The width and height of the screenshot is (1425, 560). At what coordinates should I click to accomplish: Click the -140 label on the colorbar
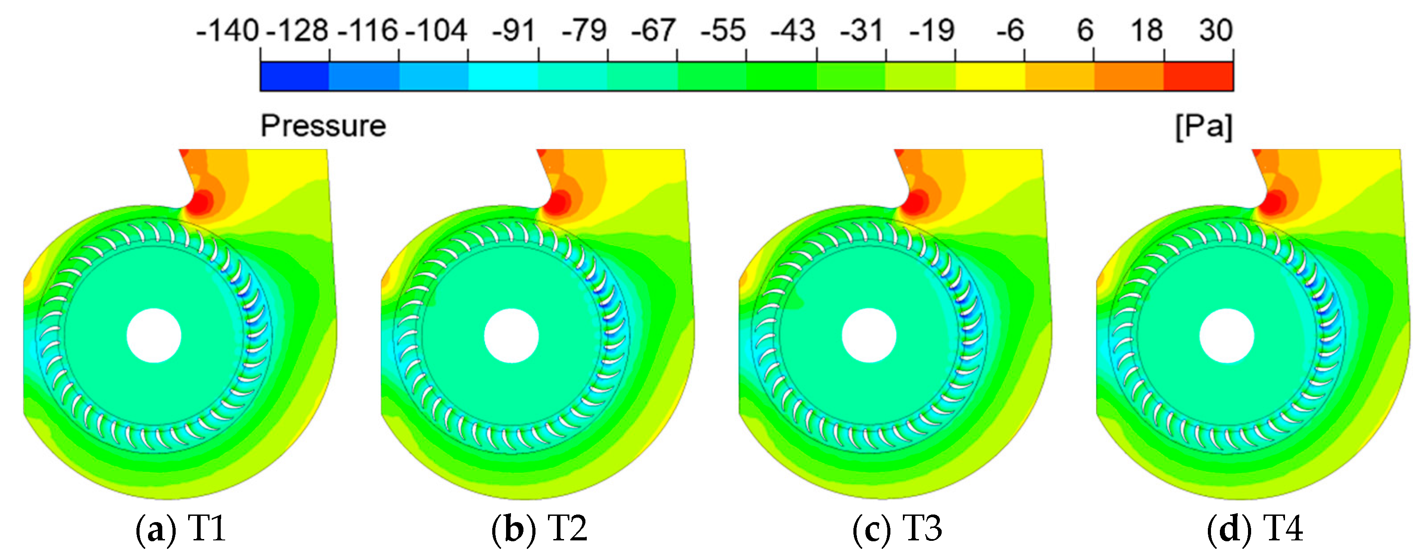click(227, 30)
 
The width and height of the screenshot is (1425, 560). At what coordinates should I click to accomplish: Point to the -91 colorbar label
click(514, 30)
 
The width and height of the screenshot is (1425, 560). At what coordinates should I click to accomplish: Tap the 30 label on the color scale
click(1215, 30)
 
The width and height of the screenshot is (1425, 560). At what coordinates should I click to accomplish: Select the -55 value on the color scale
click(723, 30)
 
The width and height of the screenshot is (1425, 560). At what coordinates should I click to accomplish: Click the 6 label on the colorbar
click(1085, 30)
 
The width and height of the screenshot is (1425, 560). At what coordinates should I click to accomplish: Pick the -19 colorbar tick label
click(932, 30)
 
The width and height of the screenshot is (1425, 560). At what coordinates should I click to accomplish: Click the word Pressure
click(323, 126)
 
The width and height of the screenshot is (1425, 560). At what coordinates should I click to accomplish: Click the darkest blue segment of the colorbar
click(294, 76)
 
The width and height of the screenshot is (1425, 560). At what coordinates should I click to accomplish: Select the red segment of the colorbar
click(1198, 76)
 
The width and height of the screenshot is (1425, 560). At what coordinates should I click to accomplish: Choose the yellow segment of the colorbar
click(990, 76)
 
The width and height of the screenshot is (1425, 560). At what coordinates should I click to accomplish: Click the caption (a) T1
click(181, 528)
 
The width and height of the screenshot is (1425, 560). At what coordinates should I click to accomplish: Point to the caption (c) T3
click(897, 528)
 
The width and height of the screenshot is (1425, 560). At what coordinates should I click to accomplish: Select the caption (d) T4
click(1255, 528)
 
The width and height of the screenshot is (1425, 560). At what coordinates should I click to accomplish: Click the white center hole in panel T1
click(154, 335)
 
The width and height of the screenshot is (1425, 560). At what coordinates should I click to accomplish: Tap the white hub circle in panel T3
click(869, 335)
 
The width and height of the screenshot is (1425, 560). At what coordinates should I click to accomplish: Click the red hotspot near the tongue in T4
click(1273, 202)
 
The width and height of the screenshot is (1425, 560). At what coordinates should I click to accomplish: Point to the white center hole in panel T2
click(511, 335)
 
